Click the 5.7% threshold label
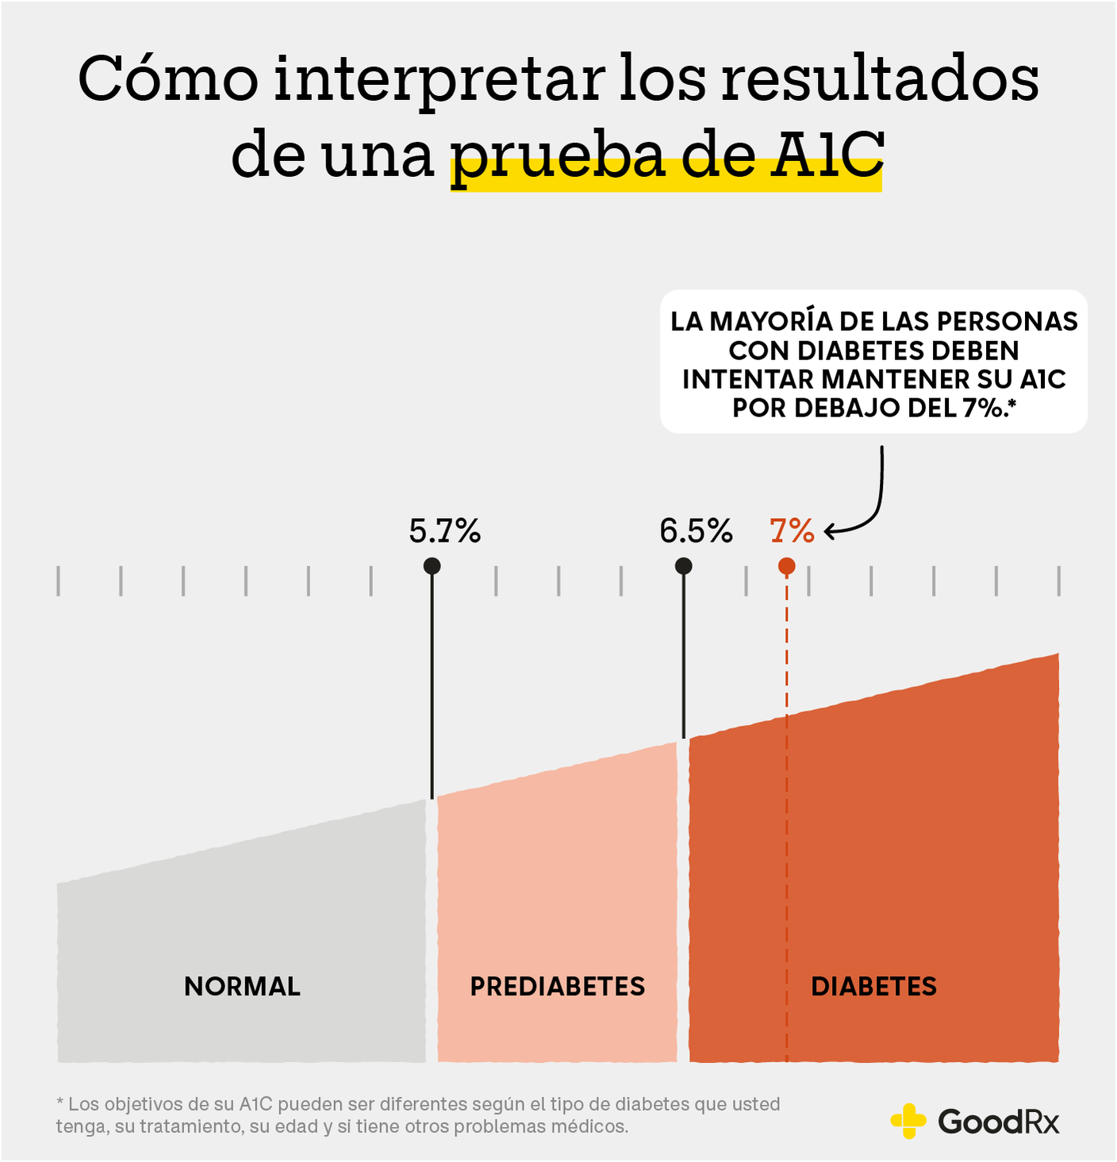(444, 531)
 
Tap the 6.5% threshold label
(696, 531)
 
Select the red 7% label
(792, 531)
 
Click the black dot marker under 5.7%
(432, 566)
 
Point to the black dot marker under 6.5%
(683, 566)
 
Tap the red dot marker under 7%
(786, 566)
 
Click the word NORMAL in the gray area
(242, 986)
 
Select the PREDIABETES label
(557, 986)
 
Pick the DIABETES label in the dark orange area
(873, 986)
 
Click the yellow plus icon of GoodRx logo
(908, 1121)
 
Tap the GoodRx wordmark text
(998, 1122)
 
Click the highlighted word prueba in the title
(558, 156)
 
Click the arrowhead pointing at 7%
(829, 531)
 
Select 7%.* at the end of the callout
(989, 408)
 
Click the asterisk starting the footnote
(59, 1103)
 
